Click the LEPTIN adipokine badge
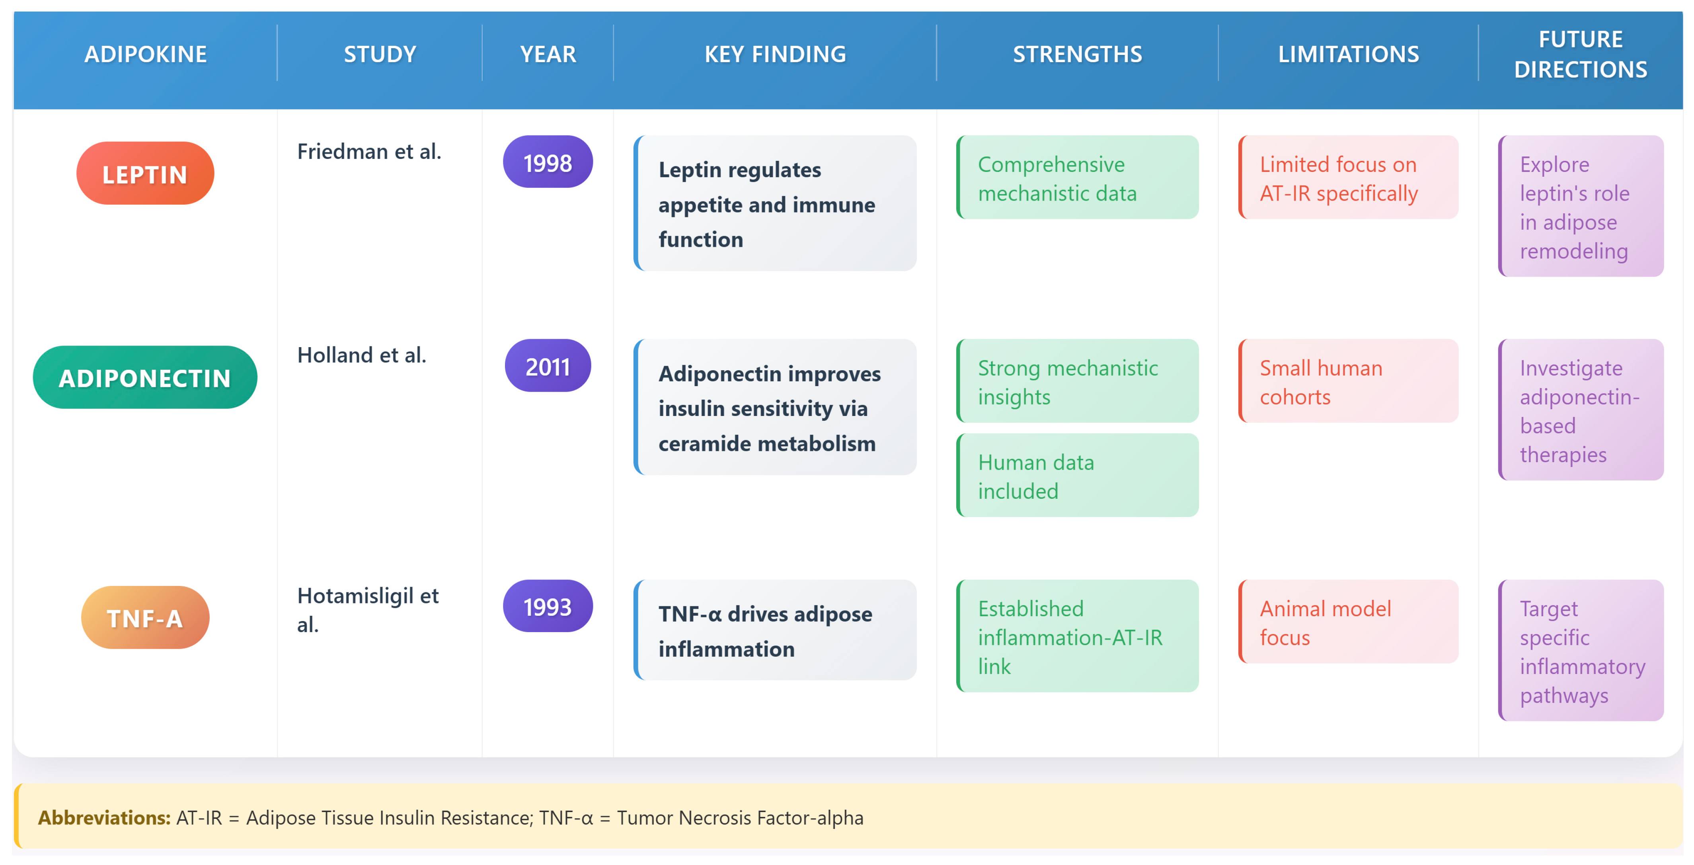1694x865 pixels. [x=145, y=174]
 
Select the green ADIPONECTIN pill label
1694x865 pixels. [x=145, y=378]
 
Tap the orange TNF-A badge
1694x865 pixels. [x=145, y=618]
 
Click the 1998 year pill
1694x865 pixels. [x=548, y=162]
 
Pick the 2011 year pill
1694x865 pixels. [x=548, y=366]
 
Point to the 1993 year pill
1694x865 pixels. [x=548, y=606]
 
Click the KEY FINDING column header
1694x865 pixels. [x=775, y=54]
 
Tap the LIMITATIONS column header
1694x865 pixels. [x=1348, y=54]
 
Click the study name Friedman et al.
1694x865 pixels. [x=369, y=151]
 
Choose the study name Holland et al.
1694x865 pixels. [x=362, y=355]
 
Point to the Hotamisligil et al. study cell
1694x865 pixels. [x=368, y=610]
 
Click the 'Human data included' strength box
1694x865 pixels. [x=1077, y=475]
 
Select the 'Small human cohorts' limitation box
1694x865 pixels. [x=1348, y=381]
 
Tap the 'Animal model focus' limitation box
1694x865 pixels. [x=1348, y=622]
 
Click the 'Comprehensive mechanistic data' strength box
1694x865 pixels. [x=1077, y=178]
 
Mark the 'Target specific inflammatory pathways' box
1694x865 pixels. [x=1581, y=650]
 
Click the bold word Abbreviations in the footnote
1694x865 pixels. [x=104, y=818]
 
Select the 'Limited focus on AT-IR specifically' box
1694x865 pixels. [x=1348, y=178]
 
